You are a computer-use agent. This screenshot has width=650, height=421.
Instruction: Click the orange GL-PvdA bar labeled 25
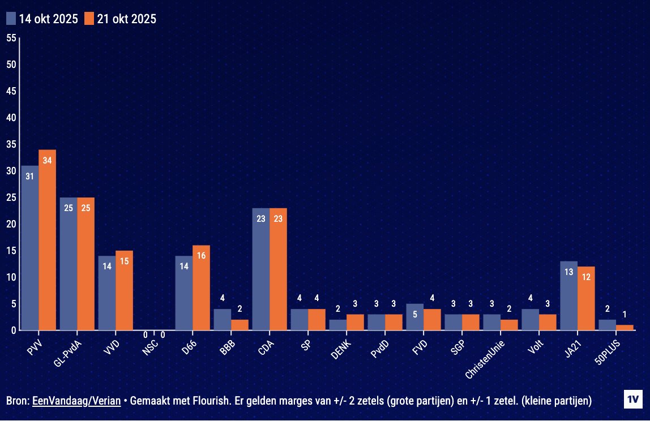pos(86,264)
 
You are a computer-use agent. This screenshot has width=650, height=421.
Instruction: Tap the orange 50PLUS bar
pos(625,327)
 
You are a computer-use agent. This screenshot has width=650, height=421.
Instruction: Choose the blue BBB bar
pos(223,319)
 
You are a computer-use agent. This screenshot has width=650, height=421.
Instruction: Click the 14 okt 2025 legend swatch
pos(11,19)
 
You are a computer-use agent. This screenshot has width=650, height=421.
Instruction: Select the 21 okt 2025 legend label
pos(126,19)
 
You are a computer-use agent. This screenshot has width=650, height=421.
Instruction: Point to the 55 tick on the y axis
pos(11,38)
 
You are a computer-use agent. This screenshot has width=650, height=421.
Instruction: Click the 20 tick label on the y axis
pos(11,224)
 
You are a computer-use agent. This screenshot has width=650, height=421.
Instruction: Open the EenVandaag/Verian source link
pos(76,401)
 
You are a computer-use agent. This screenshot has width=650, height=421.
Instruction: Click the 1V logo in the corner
pos(632,399)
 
